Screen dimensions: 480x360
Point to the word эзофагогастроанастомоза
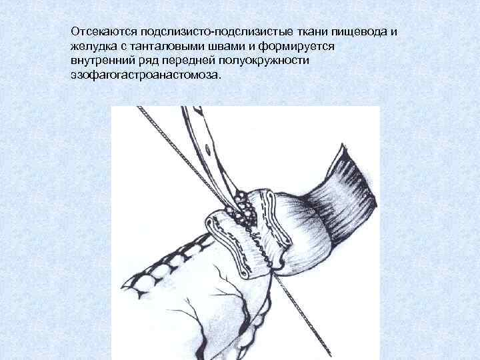click(x=145, y=75)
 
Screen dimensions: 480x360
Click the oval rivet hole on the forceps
click(x=208, y=150)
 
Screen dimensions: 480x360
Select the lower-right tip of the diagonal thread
click(x=330, y=355)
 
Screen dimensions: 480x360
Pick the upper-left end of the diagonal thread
click(x=139, y=107)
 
